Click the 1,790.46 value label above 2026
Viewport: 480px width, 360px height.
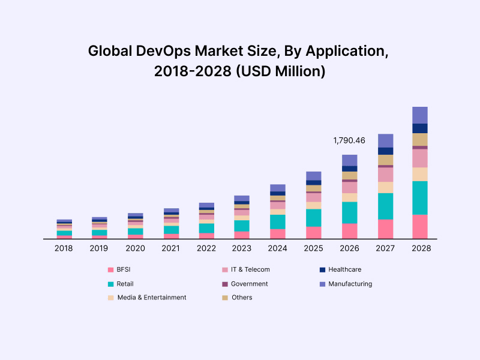pos(349,140)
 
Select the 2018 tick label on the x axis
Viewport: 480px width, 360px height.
pos(64,248)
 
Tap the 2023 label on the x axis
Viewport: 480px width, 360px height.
pos(241,248)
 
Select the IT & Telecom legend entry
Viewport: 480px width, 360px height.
pos(250,270)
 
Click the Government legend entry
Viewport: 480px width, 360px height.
pos(249,284)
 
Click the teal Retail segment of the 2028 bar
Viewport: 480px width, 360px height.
pos(420,197)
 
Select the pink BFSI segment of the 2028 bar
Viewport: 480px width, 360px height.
pos(420,226)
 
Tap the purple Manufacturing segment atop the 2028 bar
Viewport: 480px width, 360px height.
pos(420,115)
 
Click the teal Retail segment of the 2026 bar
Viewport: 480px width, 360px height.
pos(350,212)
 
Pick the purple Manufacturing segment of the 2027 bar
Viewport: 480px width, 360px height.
pos(385,140)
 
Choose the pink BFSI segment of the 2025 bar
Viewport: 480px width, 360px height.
pos(314,232)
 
